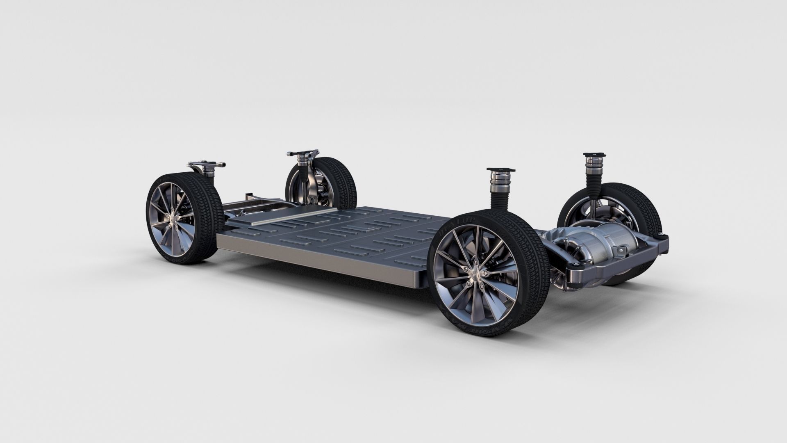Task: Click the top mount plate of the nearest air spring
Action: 500,169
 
